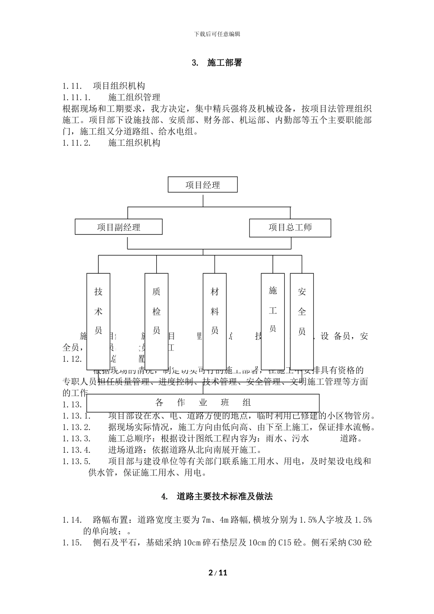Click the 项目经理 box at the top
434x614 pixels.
203,185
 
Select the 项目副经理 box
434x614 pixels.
118,227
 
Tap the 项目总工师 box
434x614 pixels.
290,227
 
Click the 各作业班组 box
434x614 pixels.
203,402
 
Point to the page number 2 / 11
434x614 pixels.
217,573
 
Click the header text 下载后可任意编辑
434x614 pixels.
217,34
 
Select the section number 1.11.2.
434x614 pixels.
76,143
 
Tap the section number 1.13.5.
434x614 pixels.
76,461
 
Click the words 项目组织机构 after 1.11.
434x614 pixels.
119,86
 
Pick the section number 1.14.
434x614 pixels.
72,520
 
